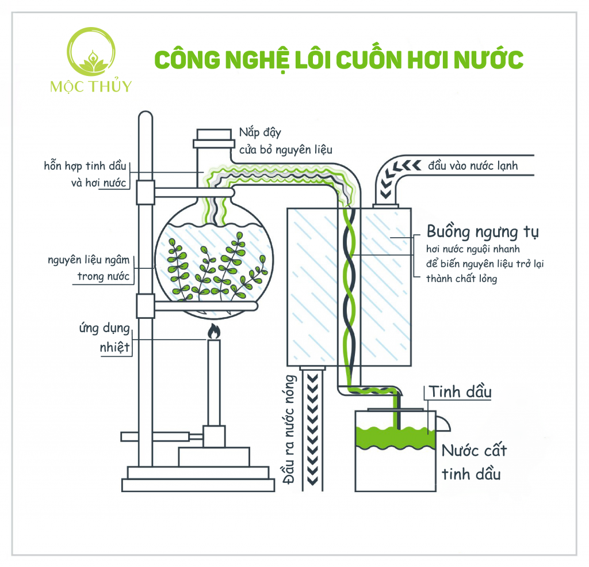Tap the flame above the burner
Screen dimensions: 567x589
213,332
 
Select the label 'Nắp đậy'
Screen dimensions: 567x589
260,133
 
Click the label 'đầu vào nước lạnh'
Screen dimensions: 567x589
473,166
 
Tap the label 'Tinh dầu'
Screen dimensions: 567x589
460,393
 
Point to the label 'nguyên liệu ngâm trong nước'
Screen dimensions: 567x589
92,268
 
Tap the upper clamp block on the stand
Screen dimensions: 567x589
146,192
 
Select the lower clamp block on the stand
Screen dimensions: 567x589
146,306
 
